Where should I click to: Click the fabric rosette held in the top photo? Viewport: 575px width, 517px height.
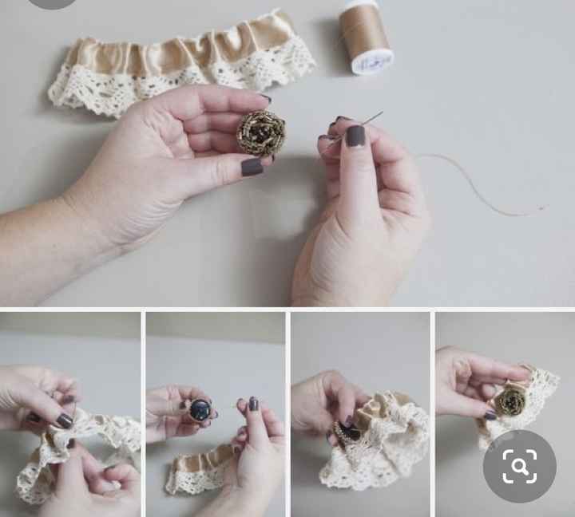[x=260, y=132]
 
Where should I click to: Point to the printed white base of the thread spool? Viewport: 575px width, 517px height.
[x=372, y=61]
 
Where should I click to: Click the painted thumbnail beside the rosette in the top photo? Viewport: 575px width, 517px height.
[x=252, y=167]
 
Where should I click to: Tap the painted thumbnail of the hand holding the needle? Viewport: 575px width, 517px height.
[x=355, y=136]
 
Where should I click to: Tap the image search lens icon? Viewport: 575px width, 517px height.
[x=519, y=467]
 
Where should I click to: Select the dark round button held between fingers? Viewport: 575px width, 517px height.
[x=200, y=410]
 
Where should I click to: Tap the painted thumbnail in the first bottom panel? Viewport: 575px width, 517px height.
[x=65, y=420]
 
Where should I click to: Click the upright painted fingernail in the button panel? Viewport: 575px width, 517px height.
[x=253, y=404]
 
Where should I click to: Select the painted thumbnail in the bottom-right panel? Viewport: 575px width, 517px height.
[x=489, y=415]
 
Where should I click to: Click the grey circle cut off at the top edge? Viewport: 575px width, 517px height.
[x=52, y=3]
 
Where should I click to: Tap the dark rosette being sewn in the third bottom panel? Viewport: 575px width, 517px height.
[x=349, y=432]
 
